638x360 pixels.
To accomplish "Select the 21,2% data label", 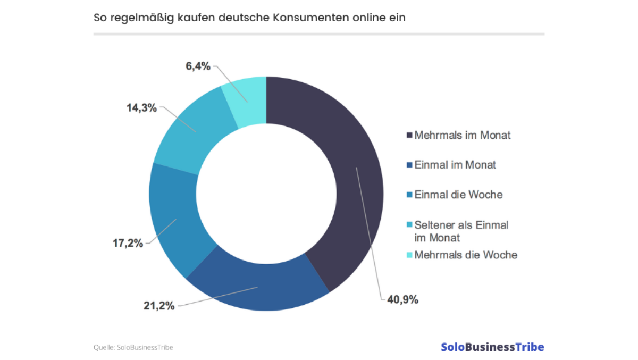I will click(159, 306).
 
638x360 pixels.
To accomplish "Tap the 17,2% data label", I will click(128, 244).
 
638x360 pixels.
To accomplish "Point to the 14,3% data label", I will click(141, 108).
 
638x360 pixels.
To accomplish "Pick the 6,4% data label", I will click(198, 66).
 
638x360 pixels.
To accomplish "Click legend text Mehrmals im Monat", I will click(463, 135).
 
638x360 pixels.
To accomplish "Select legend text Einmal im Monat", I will click(455, 165).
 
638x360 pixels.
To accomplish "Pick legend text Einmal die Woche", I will click(458, 195).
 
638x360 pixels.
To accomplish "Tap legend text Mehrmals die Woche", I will click(466, 255).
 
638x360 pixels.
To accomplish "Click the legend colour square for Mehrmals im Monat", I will click(409, 136).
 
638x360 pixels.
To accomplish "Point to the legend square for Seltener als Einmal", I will click(409, 225).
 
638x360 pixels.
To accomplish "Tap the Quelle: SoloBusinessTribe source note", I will click(133, 347).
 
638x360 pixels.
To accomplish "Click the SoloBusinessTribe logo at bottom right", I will click(492, 347).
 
